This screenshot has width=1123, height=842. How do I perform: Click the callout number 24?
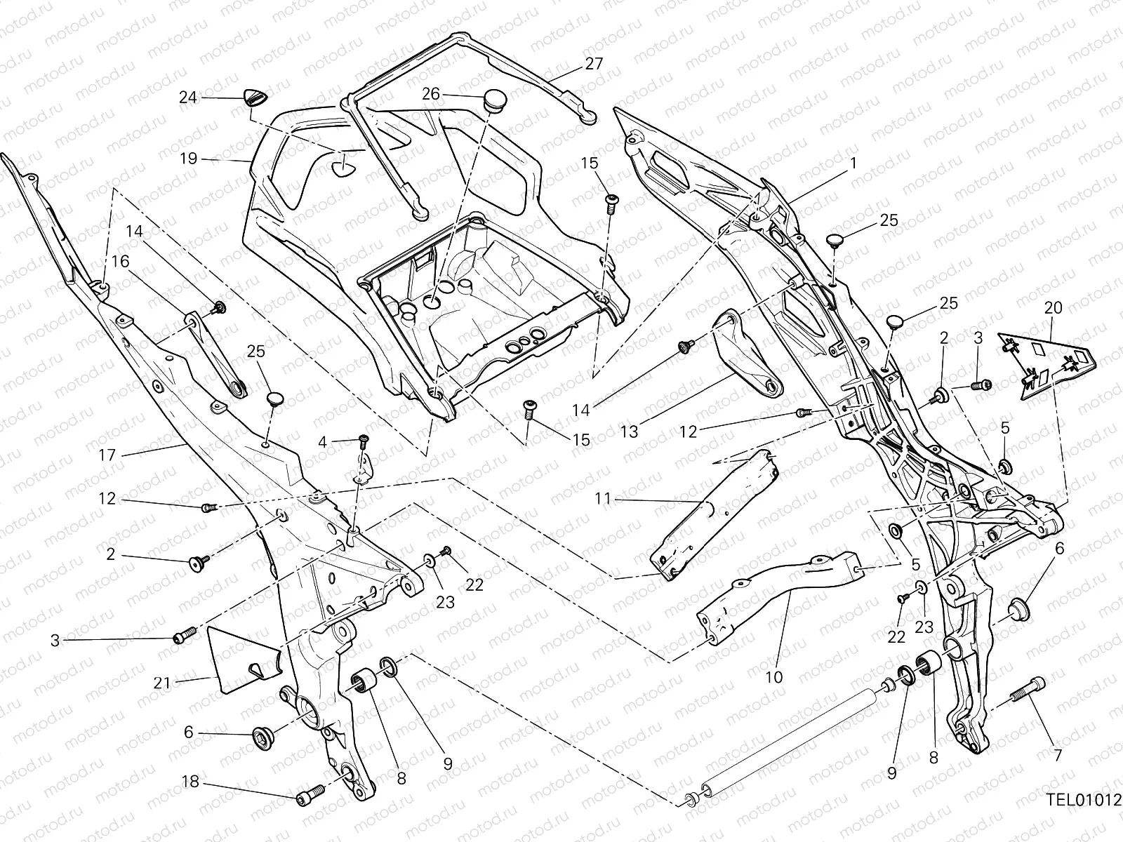click(x=187, y=98)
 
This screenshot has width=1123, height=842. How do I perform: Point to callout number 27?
click(x=594, y=64)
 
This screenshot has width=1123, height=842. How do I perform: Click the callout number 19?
click(x=188, y=159)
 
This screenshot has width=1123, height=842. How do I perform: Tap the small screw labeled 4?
click(x=364, y=442)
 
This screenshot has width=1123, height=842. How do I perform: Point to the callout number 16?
click(x=120, y=262)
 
